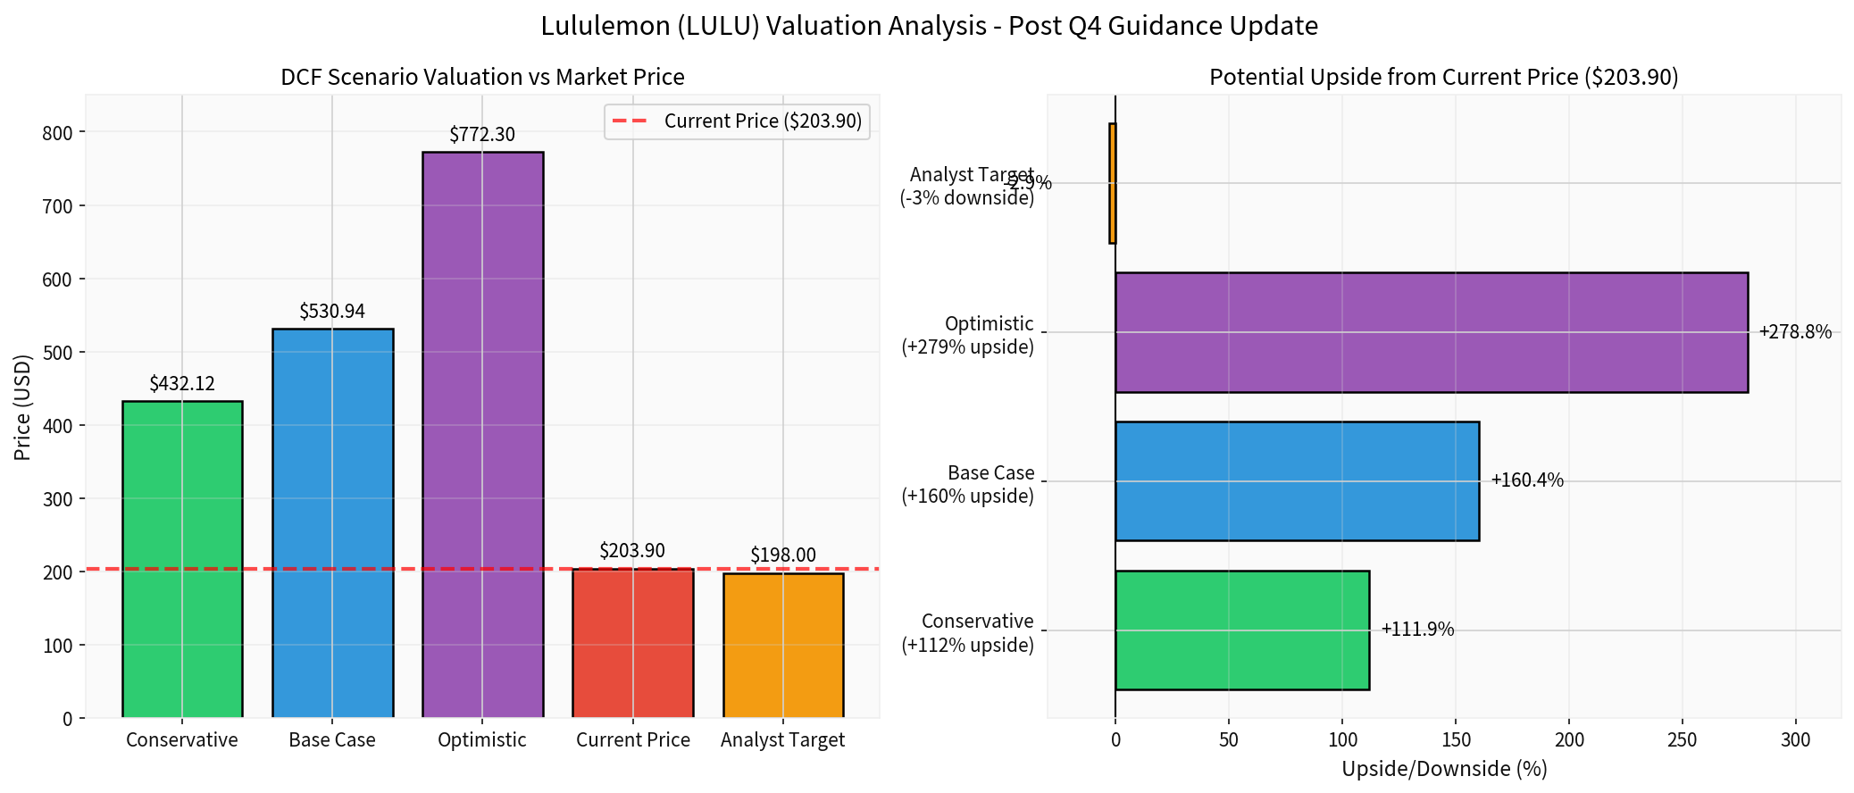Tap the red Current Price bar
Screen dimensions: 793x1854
tap(632, 642)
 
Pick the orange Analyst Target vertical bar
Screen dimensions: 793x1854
tap(783, 645)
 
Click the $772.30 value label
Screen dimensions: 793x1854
tap(482, 135)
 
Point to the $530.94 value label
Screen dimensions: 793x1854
tap(332, 312)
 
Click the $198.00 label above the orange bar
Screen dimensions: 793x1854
tap(783, 555)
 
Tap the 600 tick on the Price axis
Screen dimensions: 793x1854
tap(57, 280)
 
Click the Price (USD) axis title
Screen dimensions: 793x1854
tap(23, 407)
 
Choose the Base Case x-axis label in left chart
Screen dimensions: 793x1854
tap(332, 740)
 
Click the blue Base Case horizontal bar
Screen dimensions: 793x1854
tap(1297, 481)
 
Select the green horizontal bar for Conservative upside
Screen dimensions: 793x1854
tap(1241, 630)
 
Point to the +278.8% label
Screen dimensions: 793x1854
tap(1795, 332)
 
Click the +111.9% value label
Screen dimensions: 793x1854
tap(1417, 630)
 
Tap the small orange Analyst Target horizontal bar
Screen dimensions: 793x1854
tap(1112, 183)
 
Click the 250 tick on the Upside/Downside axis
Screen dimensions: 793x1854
tap(1683, 740)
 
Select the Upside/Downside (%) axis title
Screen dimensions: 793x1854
tap(1444, 769)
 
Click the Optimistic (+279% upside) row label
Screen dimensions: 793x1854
tap(967, 335)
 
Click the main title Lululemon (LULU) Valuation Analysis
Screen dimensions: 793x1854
tap(929, 26)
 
